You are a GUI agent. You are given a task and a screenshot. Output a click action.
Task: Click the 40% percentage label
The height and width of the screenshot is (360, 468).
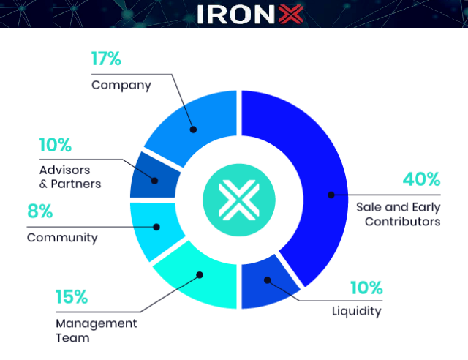421,179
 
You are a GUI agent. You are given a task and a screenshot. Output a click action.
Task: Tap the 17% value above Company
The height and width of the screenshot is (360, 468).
106,59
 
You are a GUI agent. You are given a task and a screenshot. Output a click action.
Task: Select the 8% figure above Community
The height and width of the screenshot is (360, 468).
39,211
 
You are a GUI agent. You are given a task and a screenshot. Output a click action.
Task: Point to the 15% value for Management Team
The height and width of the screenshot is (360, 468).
72,296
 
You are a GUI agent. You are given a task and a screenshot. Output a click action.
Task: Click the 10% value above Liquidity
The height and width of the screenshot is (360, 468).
366,288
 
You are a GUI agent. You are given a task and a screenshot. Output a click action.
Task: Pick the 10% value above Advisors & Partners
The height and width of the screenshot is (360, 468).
56,145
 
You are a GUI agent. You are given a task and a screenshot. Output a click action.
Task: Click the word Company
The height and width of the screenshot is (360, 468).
121,86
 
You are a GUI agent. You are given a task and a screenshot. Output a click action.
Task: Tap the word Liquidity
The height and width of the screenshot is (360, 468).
357,311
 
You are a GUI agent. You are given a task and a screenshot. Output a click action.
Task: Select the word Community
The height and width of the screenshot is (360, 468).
62,238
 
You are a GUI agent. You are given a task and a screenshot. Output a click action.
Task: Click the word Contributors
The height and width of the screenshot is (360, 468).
403,222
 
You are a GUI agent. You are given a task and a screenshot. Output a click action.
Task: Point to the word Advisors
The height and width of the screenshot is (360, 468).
65,170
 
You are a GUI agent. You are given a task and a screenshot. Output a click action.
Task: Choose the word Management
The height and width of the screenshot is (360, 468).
97,323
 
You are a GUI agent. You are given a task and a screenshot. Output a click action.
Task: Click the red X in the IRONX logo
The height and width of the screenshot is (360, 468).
290,14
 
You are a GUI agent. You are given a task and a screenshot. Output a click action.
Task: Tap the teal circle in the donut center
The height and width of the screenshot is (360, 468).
239,200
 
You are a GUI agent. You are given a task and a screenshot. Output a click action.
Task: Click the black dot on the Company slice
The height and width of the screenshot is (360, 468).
193,130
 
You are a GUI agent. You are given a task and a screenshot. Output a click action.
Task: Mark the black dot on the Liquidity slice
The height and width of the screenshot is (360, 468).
268,280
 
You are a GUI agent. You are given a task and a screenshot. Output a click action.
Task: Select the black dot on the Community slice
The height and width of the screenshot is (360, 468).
156,227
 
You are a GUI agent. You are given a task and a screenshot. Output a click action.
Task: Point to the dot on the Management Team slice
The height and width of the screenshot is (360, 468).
200,275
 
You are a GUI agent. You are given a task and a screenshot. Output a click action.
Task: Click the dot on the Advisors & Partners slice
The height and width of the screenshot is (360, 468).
154,181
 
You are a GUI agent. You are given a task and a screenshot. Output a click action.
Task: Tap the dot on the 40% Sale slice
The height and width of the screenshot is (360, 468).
331,195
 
